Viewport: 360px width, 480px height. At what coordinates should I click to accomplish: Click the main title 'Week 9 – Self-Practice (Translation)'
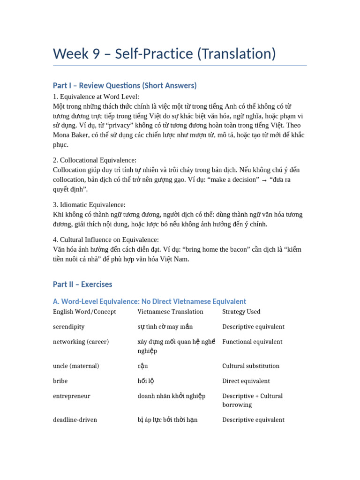164,53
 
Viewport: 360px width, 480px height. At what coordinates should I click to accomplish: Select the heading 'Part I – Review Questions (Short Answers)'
125,85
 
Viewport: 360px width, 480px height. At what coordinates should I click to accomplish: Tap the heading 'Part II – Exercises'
82,284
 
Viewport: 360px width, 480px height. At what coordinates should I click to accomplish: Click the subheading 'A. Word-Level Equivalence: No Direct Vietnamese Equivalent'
150,301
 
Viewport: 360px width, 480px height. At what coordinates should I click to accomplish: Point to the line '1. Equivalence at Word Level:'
96,97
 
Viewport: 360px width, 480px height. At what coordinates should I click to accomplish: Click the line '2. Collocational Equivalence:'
95,160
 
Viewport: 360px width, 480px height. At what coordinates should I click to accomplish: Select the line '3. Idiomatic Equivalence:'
89,205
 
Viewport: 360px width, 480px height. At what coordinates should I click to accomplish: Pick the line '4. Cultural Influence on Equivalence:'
106,240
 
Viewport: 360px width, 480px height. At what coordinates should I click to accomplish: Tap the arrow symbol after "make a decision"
264,180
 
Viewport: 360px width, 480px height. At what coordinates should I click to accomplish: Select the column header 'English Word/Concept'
84,312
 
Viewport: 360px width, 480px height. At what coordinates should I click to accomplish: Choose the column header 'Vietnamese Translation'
170,312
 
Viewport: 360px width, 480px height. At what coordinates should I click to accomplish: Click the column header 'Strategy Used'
241,312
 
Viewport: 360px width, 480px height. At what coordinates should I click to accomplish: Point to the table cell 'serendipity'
69,327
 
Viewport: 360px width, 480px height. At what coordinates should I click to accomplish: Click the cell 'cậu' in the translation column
142,366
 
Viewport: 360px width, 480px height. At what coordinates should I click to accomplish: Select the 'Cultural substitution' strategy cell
251,366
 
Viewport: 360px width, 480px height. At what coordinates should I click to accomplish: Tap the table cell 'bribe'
60,381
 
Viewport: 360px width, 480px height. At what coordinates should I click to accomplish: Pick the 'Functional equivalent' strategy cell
252,342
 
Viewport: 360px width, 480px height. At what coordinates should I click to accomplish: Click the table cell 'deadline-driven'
75,420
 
